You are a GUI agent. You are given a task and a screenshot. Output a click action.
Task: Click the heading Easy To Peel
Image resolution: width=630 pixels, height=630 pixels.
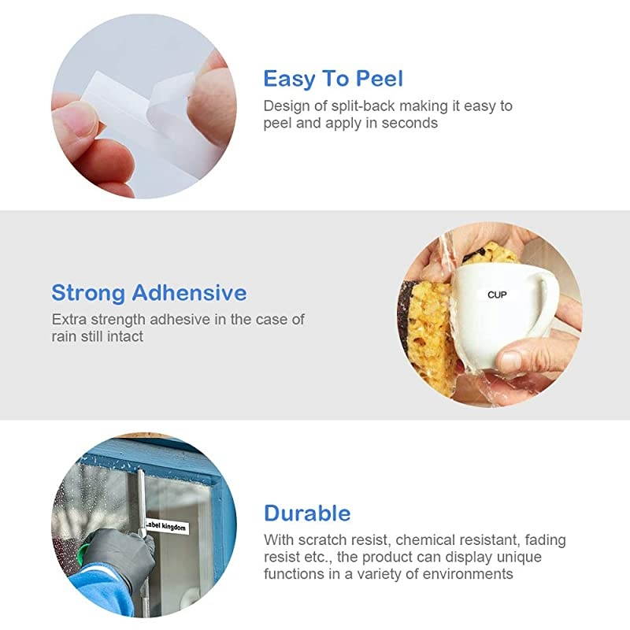pyautogui.click(x=333, y=80)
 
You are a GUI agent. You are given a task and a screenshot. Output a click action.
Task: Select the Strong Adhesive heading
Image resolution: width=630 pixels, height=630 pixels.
pyautogui.click(x=149, y=293)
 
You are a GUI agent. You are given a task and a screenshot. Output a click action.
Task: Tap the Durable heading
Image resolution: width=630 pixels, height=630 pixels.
pyautogui.click(x=307, y=513)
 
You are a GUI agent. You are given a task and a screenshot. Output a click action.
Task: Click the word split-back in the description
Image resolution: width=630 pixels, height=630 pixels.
pyautogui.click(x=363, y=106)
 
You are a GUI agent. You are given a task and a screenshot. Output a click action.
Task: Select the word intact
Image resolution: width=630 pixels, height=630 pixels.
pyautogui.click(x=125, y=336)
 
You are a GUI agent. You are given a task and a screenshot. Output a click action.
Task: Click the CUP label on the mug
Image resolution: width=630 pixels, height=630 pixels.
pyautogui.click(x=497, y=295)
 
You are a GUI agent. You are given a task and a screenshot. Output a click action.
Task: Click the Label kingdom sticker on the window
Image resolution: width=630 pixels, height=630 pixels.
pyautogui.click(x=166, y=526)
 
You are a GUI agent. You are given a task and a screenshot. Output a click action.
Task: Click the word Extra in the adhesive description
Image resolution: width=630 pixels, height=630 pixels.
pyautogui.click(x=69, y=320)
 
